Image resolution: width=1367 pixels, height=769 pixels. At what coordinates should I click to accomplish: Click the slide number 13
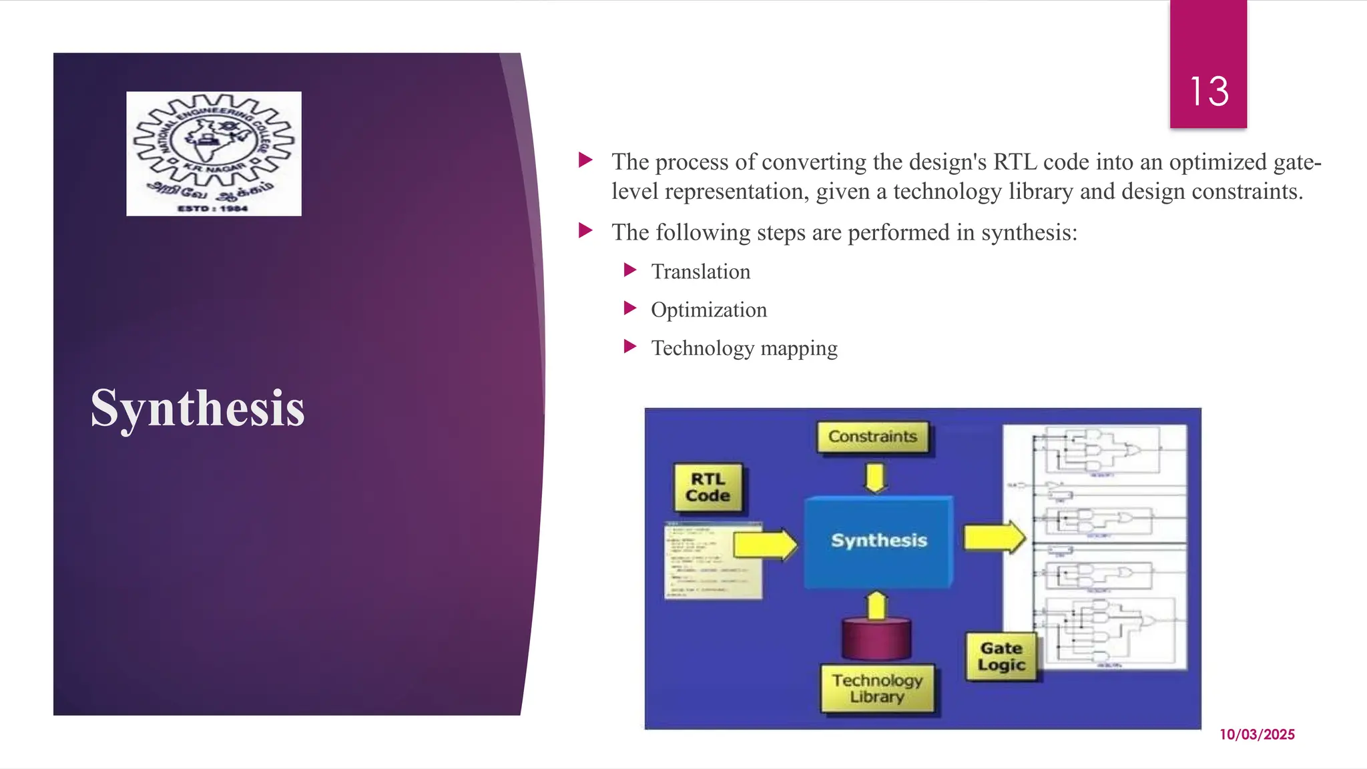click(1209, 91)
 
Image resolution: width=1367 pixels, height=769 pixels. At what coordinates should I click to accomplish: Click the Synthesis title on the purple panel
click(198, 408)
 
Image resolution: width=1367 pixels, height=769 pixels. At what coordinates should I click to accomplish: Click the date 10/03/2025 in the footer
click(1257, 734)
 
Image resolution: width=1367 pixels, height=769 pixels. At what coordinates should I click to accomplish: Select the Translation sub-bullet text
click(700, 272)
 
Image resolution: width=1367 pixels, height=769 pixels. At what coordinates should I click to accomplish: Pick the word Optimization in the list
click(708, 310)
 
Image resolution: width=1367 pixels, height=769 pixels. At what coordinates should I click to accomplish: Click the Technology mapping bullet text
click(744, 348)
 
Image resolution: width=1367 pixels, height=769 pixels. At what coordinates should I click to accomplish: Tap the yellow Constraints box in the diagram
click(872, 437)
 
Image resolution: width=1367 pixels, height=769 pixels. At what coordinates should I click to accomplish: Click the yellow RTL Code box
click(708, 488)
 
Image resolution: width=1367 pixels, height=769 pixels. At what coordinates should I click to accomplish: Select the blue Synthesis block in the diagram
click(878, 541)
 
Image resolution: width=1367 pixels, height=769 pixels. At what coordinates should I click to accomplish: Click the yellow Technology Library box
click(877, 688)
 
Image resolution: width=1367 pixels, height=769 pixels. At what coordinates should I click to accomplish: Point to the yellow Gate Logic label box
click(1001, 657)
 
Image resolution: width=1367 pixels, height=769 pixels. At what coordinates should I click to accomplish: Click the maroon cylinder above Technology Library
click(876, 638)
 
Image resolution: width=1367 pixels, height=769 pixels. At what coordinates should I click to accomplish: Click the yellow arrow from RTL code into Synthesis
click(765, 544)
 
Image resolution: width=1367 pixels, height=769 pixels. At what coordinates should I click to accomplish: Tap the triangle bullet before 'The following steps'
click(585, 231)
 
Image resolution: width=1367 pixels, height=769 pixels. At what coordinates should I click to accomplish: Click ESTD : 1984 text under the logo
click(212, 209)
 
